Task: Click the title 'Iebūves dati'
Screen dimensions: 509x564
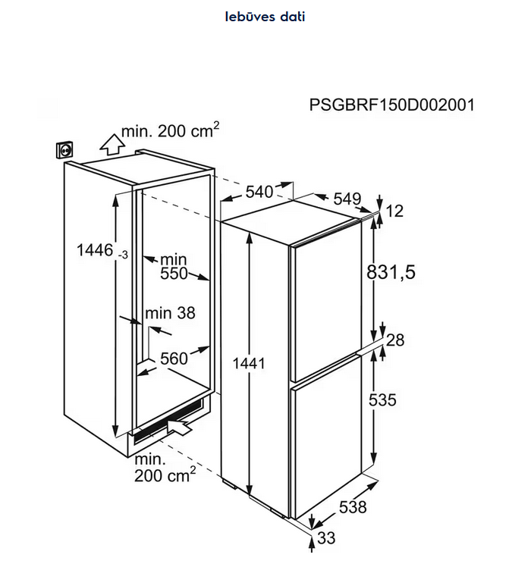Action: [265, 17]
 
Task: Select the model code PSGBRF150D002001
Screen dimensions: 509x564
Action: [392, 105]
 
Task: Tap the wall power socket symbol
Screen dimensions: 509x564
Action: [64, 149]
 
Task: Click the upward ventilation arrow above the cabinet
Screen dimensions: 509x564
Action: [112, 144]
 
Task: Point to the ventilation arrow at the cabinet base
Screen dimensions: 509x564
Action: [179, 427]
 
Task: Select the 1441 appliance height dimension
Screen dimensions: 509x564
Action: [249, 363]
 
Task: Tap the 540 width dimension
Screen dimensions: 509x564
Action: [259, 192]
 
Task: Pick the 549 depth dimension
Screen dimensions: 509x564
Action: [347, 199]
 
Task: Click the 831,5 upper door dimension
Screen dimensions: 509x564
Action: [391, 272]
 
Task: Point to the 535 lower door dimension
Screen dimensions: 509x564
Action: [382, 399]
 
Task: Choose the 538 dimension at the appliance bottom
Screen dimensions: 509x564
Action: [353, 507]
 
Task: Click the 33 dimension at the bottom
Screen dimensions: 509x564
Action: [326, 538]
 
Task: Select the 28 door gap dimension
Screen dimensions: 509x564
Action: [395, 340]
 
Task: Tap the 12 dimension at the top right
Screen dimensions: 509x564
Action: [394, 211]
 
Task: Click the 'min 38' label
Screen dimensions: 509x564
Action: [170, 313]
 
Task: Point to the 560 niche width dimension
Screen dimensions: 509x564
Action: [174, 359]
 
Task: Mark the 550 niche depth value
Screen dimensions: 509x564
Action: [174, 274]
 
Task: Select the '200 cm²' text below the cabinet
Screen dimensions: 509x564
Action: [165, 475]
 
